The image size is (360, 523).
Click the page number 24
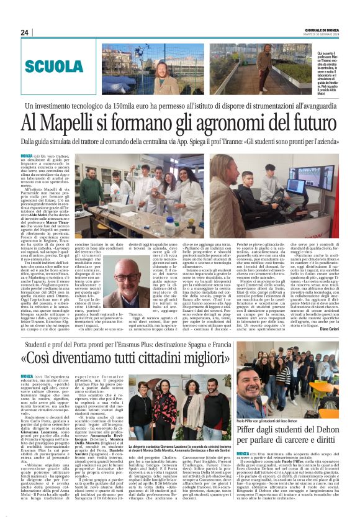pyautogui.click(x=25, y=32)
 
